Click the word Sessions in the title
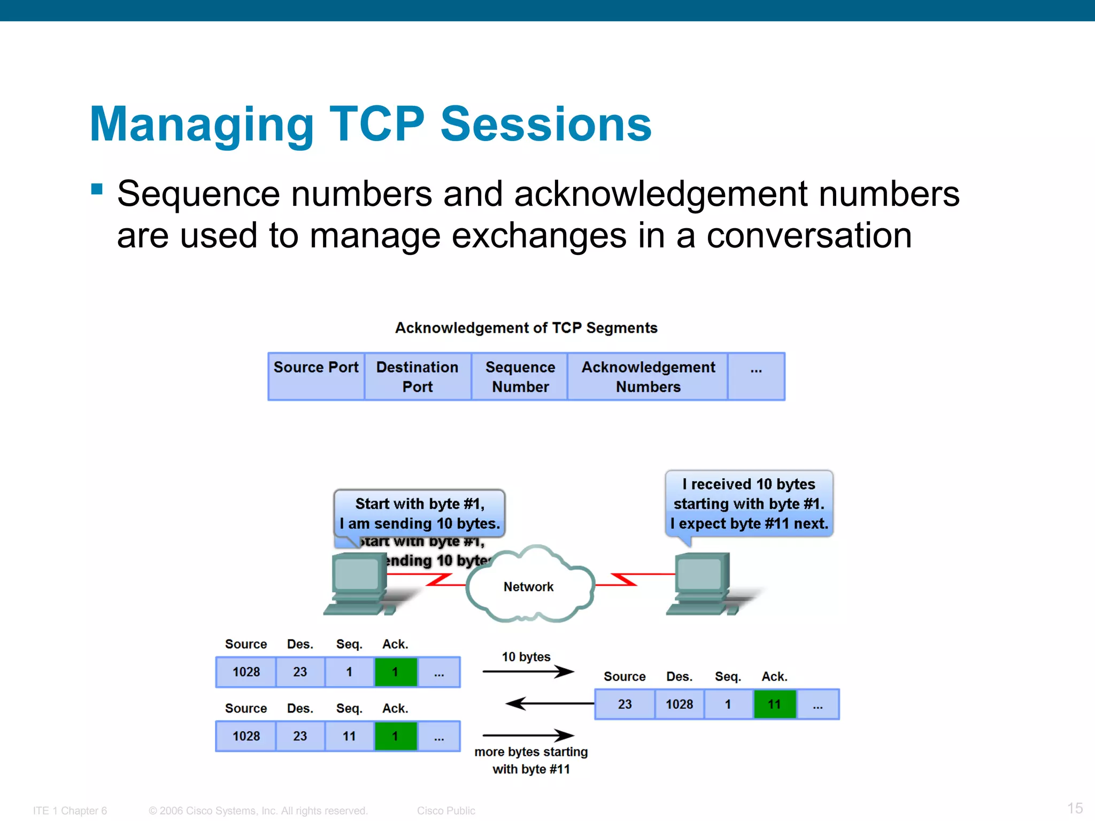click(x=545, y=124)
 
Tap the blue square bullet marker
click(x=97, y=189)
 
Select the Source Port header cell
click(x=316, y=376)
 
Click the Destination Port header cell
click(x=418, y=376)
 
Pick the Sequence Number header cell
click(x=520, y=376)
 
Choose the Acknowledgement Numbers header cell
click(x=648, y=376)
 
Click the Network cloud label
click(x=528, y=586)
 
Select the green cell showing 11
click(x=774, y=704)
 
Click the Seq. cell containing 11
click(x=349, y=736)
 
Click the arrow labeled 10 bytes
click(x=528, y=671)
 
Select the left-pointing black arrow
click(x=550, y=703)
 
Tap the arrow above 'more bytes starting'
click(x=528, y=735)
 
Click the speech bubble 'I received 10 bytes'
click(x=749, y=504)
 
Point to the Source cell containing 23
click(x=624, y=704)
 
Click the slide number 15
click(x=1075, y=808)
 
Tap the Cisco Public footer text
click(x=446, y=810)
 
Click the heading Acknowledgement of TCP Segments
click(x=526, y=328)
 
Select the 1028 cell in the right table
click(x=679, y=704)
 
